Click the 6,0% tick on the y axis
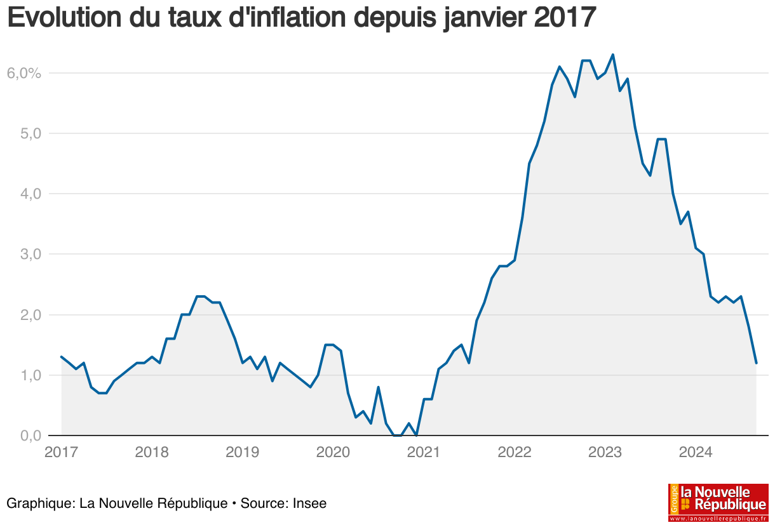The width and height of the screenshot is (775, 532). (24, 73)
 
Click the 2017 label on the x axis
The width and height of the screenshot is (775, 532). (61, 453)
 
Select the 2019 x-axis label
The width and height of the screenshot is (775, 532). (242, 453)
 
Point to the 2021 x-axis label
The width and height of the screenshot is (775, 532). (423, 453)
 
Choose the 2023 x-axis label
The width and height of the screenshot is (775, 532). (605, 453)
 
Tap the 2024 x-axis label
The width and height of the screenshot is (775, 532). (695, 453)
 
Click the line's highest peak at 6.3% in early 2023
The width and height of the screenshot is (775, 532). (612, 55)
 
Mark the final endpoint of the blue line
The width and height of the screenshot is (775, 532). (756, 363)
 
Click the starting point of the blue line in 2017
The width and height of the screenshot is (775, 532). (61, 357)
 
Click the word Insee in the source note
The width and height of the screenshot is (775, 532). (309, 503)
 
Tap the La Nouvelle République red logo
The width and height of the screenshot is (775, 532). (718, 502)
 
